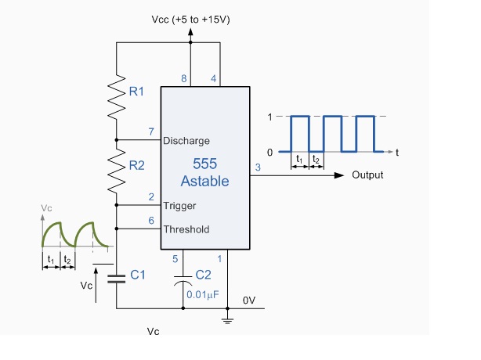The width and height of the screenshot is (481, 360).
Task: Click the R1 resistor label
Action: click(x=137, y=92)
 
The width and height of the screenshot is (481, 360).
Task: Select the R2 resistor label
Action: click(x=137, y=165)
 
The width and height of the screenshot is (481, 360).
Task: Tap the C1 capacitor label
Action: click(x=138, y=275)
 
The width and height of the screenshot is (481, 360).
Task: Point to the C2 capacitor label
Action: click(x=203, y=275)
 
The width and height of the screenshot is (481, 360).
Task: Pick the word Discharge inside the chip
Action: click(x=186, y=142)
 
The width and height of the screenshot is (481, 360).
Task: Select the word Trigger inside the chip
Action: click(x=180, y=206)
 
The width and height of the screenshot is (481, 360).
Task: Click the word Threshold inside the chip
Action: click(x=186, y=229)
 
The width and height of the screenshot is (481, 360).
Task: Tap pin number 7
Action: click(x=151, y=131)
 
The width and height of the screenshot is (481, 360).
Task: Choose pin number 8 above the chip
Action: click(x=185, y=78)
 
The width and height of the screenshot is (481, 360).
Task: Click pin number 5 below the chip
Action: click(x=176, y=258)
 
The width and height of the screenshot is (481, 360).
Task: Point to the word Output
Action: click(x=367, y=175)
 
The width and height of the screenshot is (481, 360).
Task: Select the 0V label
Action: click(x=249, y=300)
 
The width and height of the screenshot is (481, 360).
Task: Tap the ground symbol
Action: click(x=229, y=317)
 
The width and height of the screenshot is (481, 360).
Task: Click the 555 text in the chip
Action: click(x=204, y=164)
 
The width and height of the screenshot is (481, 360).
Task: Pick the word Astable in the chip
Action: click(x=204, y=182)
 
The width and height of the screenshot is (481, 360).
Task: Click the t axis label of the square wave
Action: click(x=397, y=152)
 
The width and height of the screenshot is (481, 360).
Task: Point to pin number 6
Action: click(x=151, y=221)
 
